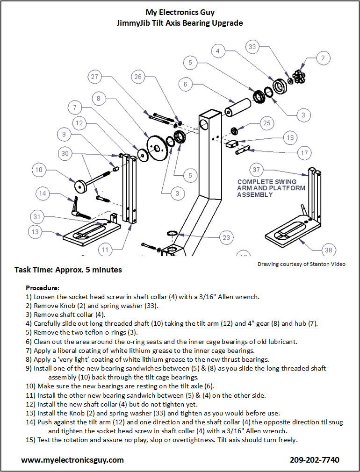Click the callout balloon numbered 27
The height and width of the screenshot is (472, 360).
[x=95, y=77]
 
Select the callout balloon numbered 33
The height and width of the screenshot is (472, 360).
[x=252, y=47]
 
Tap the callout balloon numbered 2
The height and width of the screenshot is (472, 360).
[x=323, y=58]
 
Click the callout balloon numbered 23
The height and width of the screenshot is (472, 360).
[x=226, y=237]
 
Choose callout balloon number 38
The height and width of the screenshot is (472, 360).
[x=329, y=250]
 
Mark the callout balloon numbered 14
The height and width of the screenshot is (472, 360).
[x=43, y=193]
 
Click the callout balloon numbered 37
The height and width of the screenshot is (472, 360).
[x=256, y=170]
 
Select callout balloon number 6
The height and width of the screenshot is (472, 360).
[x=186, y=84]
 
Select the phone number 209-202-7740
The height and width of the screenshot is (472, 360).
[x=315, y=460]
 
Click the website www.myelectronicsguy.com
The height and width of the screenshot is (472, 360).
[x=72, y=460]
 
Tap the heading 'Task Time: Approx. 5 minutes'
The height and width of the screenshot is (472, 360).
[x=68, y=270]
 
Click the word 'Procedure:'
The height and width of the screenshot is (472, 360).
[x=43, y=287]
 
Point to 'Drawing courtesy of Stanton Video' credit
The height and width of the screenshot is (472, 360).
[x=302, y=264]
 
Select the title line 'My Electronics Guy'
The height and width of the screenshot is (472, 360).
[x=180, y=12]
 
